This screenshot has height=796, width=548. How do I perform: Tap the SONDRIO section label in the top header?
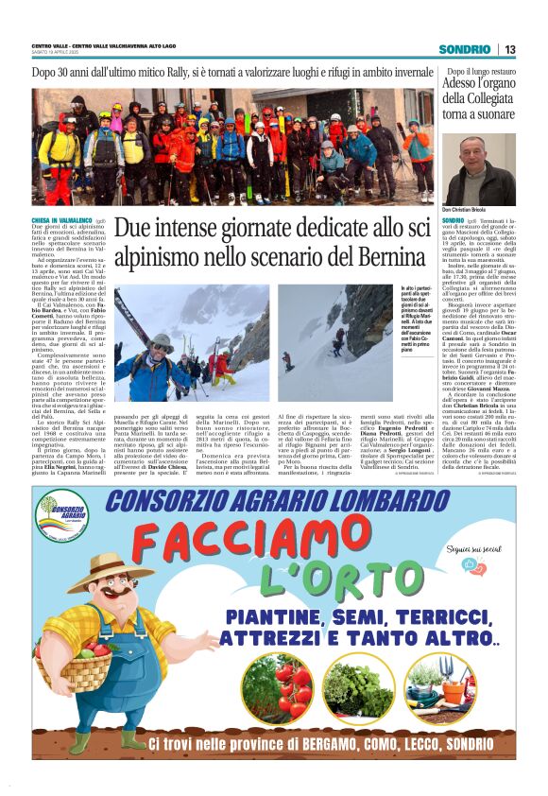pos(464,49)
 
